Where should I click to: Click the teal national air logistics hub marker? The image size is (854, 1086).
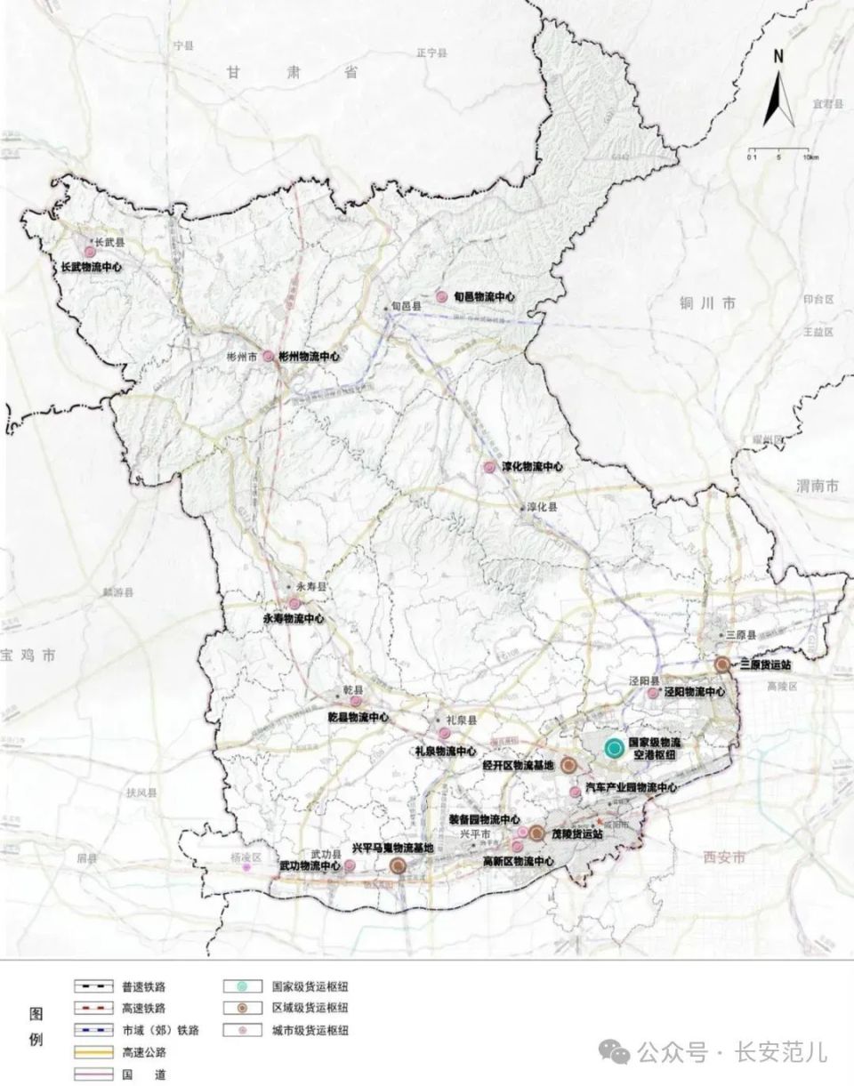tap(613, 748)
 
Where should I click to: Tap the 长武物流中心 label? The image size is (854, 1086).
tap(91, 266)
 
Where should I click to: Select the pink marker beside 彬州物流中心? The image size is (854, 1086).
tap(268, 356)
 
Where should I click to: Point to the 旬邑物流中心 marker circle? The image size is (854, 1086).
tap(441, 297)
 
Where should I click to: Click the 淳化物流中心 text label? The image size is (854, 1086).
tap(533, 467)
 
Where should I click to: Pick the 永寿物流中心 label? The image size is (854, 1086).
tap(293, 618)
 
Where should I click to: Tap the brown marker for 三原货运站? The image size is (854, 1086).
tap(722, 664)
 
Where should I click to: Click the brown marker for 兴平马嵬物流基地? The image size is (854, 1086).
tap(398, 865)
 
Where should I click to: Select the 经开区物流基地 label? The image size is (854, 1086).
tap(519, 765)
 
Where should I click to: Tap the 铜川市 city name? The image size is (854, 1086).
tap(707, 303)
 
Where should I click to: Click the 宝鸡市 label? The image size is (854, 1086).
tap(28, 656)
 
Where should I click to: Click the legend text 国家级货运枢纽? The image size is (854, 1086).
tap(310, 985)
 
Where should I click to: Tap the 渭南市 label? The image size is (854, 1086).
tap(818, 487)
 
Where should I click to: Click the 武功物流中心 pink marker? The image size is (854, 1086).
tap(350, 865)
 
